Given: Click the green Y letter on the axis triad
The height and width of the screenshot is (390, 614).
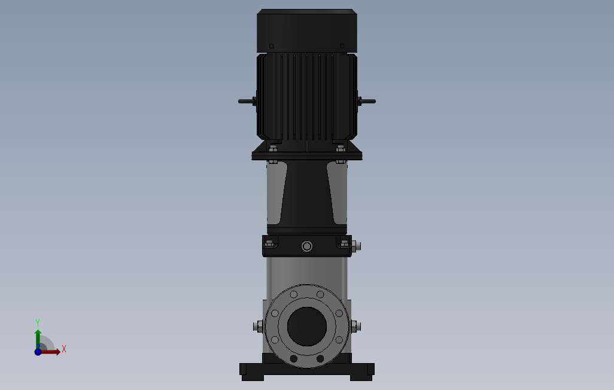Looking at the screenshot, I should point(38,322).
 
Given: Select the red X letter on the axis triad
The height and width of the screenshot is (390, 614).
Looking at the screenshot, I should point(63,349).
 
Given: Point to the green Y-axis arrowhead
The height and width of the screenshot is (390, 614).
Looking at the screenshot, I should point(38,331).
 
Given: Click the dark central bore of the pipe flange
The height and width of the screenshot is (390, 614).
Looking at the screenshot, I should point(307,326).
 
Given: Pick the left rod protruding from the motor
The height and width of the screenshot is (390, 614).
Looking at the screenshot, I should point(246,101).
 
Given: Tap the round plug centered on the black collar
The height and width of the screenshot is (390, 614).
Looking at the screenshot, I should point(307,246).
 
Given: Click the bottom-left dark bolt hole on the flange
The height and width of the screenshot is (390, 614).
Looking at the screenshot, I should point(294,358).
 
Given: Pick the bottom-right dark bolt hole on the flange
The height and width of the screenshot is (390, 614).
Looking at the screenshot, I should point(320,358).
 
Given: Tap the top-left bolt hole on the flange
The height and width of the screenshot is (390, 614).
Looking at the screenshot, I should point(293,294).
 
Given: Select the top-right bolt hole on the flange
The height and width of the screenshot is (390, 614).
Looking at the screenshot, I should point(321,294).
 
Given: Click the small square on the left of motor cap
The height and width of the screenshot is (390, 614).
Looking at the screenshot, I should point(271,45).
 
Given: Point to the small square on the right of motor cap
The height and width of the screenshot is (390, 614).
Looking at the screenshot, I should point(342,45).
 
